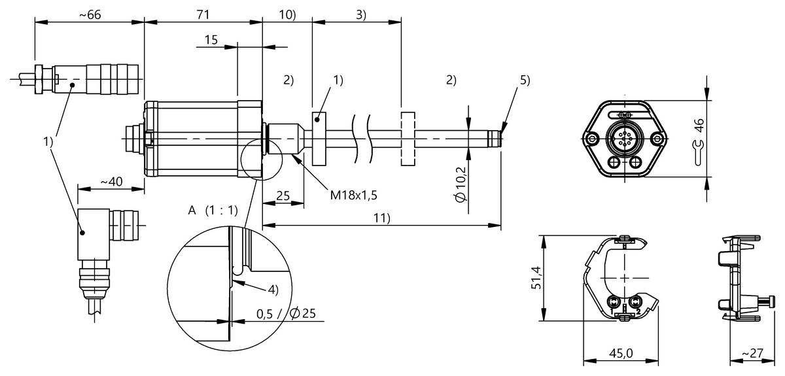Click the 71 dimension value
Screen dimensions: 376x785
203,16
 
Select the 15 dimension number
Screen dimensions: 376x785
211,40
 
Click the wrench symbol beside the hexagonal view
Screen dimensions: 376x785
698,152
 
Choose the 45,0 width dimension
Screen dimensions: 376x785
620,353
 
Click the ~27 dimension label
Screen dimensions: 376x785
752,353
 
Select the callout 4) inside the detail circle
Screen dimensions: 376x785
270,288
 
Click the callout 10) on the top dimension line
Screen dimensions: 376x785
287,16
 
